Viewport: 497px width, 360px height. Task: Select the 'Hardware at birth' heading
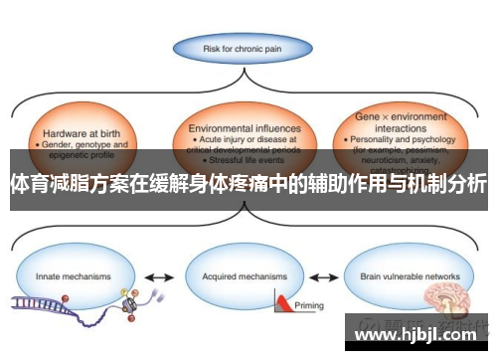coord(72,132)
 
